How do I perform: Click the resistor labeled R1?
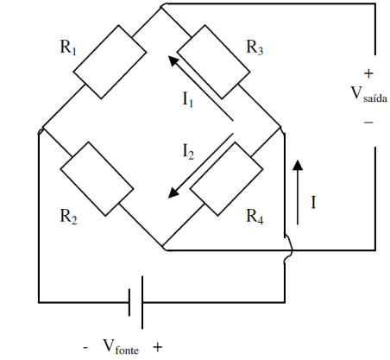pos(110,62)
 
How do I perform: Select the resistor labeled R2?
pos(97,179)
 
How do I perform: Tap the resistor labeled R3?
pos(213,62)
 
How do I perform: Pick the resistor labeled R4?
pos(226,179)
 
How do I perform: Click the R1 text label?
pos(68,47)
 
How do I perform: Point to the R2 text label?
pos(68,217)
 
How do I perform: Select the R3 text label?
pos(255,47)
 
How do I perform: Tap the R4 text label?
pos(255,217)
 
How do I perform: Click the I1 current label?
pos(188,99)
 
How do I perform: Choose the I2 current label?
pos(188,152)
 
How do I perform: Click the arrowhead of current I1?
pos(173,61)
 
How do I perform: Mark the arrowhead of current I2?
pos(173,193)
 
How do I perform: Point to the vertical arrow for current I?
pos(298,193)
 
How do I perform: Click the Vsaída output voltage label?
pos(369,94)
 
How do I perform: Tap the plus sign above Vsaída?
pos(368,73)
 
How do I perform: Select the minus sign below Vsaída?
pos(368,123)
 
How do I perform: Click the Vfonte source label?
pos(121,346)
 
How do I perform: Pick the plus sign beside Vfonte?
pos(158,347)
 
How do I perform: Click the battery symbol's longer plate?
pos(142,302)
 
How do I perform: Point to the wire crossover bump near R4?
pos(289,249)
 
